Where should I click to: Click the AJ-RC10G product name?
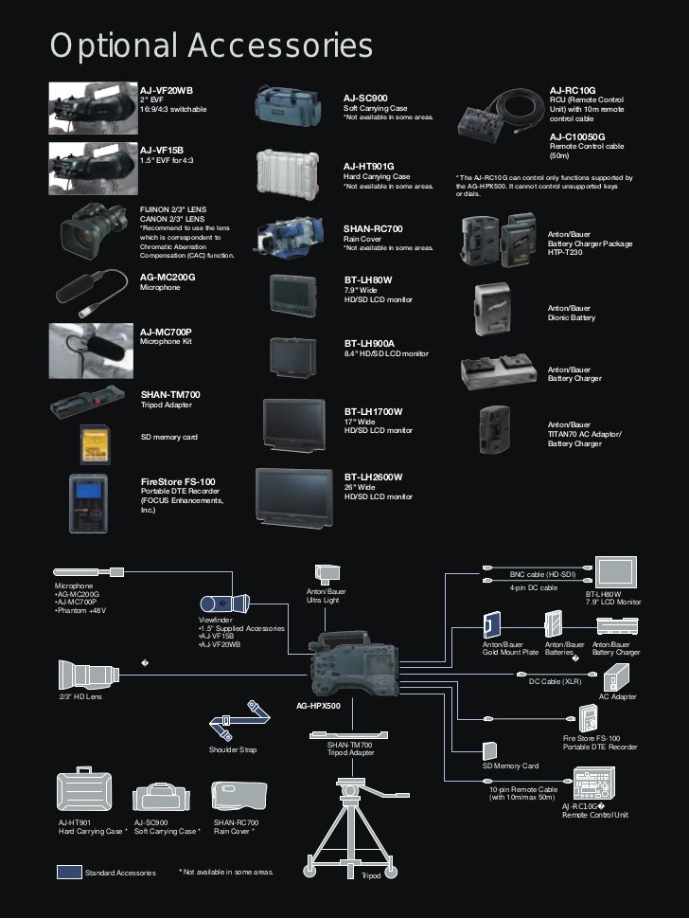[572, 90]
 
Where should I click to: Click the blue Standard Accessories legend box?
[69, 871]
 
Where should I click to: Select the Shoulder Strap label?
[232, 749]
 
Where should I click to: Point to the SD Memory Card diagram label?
[510, 766]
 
